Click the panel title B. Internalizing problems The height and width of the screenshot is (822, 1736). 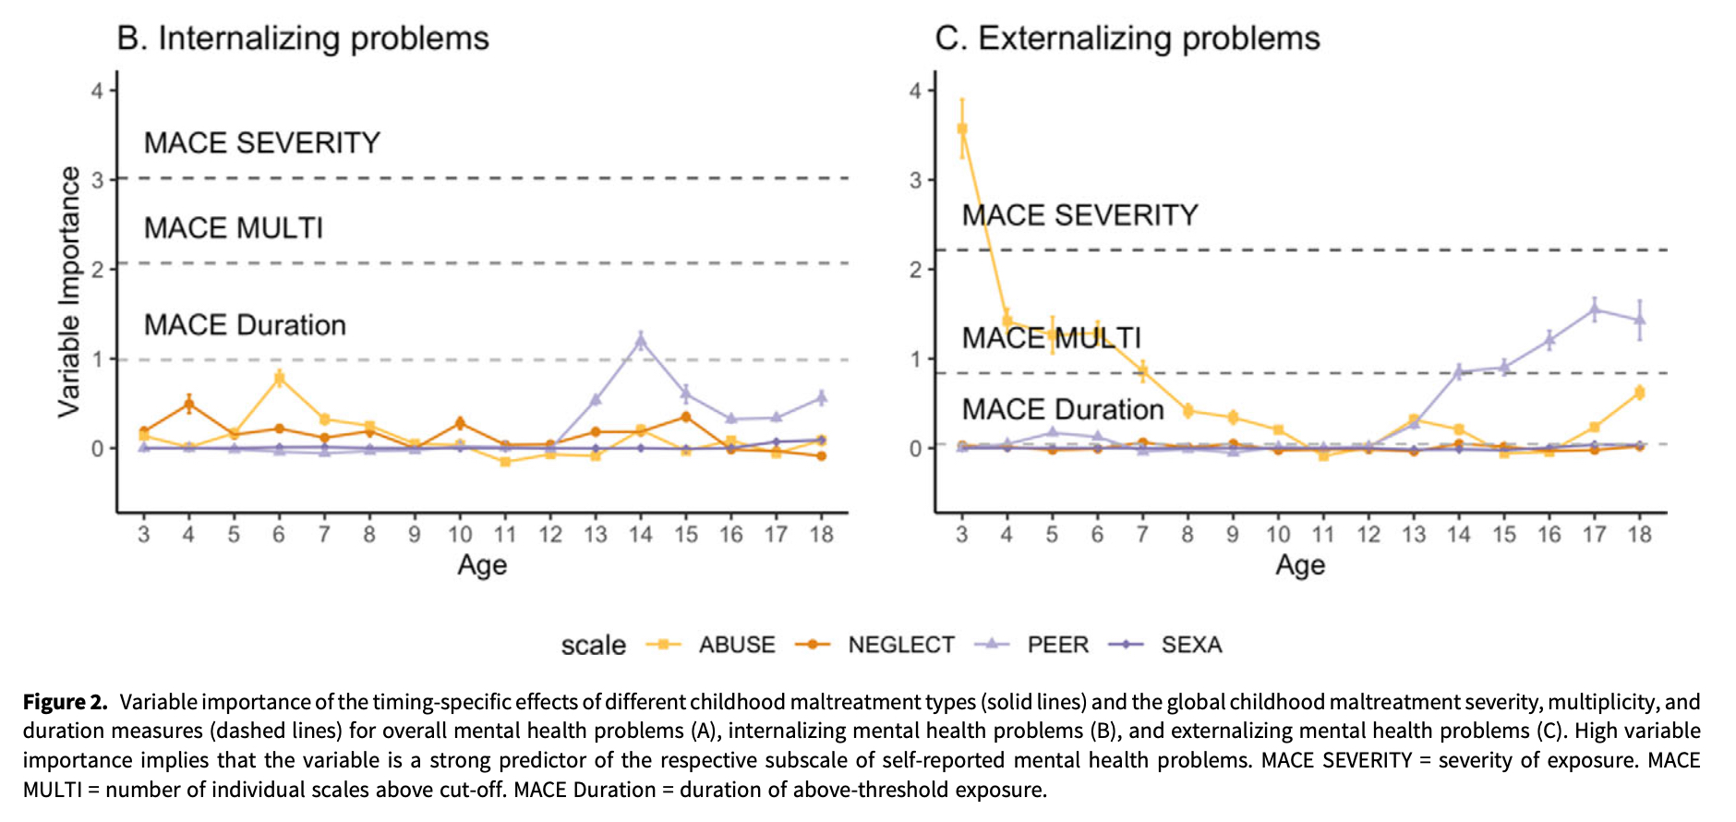(x=303, y=39)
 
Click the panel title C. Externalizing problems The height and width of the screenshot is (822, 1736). (x=1127, y=39)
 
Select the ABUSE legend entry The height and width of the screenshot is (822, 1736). (x=736, y=645)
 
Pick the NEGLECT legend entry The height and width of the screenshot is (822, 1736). (x=900, y=645)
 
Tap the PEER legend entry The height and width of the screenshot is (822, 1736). (x=1057, y=645)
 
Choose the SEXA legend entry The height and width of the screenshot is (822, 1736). (x=1191, y=645)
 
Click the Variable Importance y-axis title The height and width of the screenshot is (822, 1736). (x=69, y=292)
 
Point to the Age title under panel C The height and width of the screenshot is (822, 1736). (x=1300, y=565)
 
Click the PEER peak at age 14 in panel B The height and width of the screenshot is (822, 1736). (x=641, y=341)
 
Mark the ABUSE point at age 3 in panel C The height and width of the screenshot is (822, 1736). (x=962, y=129)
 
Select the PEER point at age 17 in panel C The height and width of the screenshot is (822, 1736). (x=1595, y=310)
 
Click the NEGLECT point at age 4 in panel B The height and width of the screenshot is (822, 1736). (x=188, y=404)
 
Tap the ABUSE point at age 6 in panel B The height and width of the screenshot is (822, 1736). (x=279, y=378)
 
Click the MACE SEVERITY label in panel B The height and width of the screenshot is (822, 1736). (x=262, y=143)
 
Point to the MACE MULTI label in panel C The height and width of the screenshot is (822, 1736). (x=1051, y=338)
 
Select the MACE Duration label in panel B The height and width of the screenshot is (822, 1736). (x=245, y=325)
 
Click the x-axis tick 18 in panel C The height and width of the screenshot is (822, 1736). (x=1639, y=534)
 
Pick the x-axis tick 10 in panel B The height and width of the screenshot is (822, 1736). (x=460, y=534)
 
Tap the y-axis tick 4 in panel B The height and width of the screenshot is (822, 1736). (x=98, y=91)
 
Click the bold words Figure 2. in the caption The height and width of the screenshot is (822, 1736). (x=65, y=702)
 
